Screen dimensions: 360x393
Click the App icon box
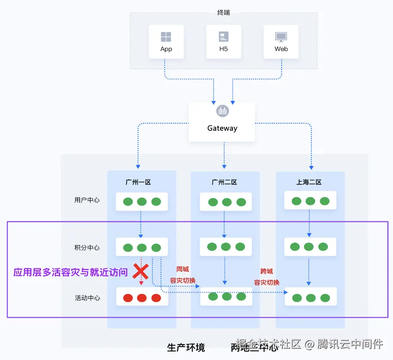pos(166,42)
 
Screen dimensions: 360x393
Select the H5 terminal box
pos(223,42)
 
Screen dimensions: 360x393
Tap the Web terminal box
pos(281,42)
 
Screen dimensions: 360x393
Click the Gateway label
pos(222,129)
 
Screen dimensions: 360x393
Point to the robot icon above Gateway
pos(222,111)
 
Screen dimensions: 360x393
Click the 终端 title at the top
pos(223,12)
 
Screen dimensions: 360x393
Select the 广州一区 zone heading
pos(138,182)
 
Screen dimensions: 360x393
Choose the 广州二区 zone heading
pos(224,182)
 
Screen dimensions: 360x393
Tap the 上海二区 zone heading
pos(309,182)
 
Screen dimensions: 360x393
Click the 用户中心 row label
pos(87,200)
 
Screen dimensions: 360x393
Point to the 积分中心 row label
pos(87,248)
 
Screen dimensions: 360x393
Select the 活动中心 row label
pos(87,298)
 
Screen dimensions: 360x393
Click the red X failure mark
pos(141,272)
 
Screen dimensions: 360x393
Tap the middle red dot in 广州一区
pos(142,298)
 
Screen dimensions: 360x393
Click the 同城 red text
pos(182,269)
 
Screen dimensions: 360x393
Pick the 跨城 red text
pos(266,271)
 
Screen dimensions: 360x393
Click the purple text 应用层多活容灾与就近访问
pos(70,272)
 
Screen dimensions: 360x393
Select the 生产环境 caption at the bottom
pos(186,348)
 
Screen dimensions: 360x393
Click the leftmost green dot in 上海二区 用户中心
pos(296,201)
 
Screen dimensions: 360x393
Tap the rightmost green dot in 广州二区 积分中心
pos(240,247)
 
